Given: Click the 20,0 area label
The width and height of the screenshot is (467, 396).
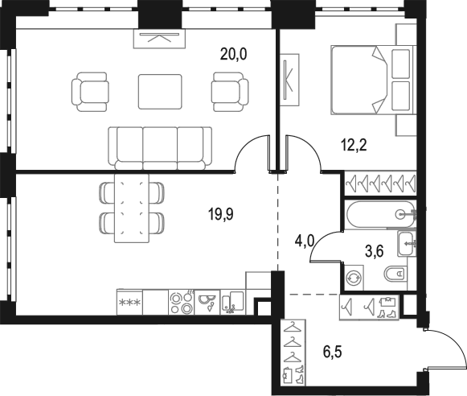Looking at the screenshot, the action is [x=233, y=55].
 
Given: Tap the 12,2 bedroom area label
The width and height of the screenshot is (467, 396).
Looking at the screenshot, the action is [x=354, y=145].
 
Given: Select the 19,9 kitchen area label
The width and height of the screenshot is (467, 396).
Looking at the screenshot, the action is [x=221, y=214].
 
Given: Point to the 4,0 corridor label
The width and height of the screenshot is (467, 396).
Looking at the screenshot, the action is [x=305, y=241].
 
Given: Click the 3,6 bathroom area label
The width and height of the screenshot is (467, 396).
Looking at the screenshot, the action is [x=374, y=252].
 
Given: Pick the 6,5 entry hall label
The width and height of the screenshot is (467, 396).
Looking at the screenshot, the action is [x=333, y=352].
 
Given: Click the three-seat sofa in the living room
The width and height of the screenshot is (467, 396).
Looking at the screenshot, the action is [x=160, y=148].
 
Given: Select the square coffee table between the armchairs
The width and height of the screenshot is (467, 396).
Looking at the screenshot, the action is [x=160, y=92].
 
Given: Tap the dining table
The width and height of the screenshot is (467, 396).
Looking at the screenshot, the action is [x=132, y=208].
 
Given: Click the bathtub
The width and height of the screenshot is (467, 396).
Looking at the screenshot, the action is [x=380, y=214].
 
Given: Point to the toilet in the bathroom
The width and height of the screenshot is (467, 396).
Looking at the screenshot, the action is [x=395, y=274].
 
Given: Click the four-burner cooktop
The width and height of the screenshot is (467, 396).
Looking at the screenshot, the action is [x=181, y=303].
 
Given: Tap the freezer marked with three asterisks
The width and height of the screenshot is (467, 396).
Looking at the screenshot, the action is [x=129, y=302].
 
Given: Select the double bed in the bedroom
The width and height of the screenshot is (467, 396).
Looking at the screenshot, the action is [x=374, y=80].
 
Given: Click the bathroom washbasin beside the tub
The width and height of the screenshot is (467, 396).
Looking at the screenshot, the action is [x=407, y=244].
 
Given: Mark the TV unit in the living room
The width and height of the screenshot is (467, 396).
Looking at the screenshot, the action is [x=159, y=39].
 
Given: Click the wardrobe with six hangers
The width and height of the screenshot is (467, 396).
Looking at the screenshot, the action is [x=380, y=183].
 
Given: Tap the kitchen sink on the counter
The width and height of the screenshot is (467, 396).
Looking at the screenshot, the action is [x=207, y=302].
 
